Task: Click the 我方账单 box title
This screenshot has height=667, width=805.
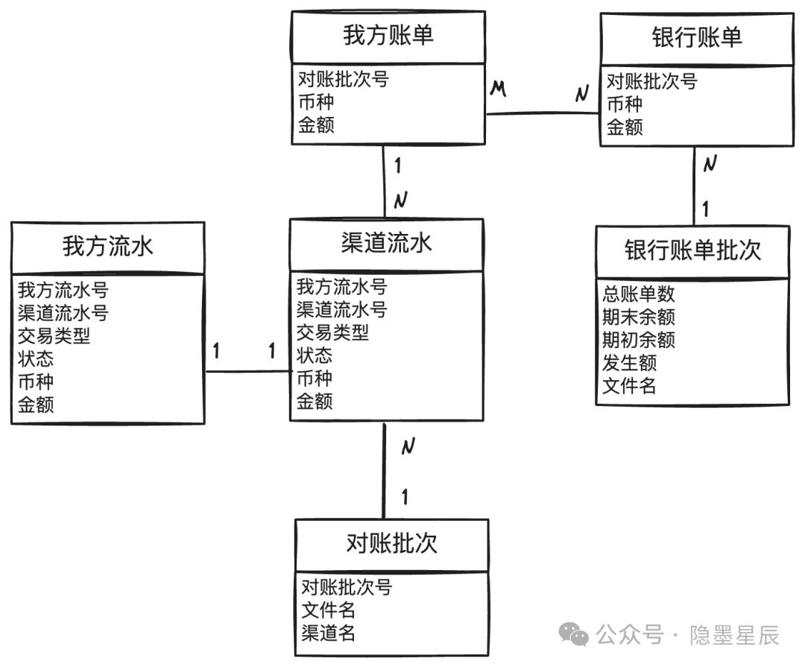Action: pyautogui.click(x=388, y=36)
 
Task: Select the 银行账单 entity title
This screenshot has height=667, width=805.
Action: pyautogui.click(x=697, y=37)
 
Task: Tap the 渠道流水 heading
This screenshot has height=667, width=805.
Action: pyautogui.click(x=386, y=243)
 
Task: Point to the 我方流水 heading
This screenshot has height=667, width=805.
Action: pyautogui.click(x=108, y=246)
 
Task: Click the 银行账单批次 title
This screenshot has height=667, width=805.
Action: pyautogui.click(x=692, y=250)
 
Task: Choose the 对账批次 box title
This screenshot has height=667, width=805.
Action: pyautogui.click(x=392, y=543)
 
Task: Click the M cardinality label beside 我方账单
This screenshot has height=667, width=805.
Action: pyautogui.click(x=498, y=89)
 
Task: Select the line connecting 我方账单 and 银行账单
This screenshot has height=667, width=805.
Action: pyautogui.click(x=543, y=113)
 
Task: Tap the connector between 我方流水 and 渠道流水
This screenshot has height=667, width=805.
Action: pyautogui.click(x=248, y=371)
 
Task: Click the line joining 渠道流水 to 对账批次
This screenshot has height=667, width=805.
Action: pyautogui.click(x=384, y=471)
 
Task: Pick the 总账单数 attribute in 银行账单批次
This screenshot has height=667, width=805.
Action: pyautogui.click(x=639, y=294)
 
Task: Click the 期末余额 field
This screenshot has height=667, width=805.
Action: pyautogui.click(x=639, y=317)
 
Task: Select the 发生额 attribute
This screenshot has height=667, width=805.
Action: pyautogui.click(x=629, y=362)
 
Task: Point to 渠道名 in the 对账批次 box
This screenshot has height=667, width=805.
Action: pyautogui.click(x=328, y=633)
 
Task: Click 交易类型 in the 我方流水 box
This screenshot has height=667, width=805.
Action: pyautogui.click(x=54, y=336)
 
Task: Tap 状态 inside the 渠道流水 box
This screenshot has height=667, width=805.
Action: pyautogui.click(x=315, y=355)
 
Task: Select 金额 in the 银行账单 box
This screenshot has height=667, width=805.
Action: pyautogui.click(x=625, y=127)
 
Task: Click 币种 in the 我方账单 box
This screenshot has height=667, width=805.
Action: pyautogui.click(x=316, y=101)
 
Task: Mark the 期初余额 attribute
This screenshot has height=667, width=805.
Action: pyautogui.click(x=639, y=339)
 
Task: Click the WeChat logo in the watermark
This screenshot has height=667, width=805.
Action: pyautogui.click(x=573, y=634)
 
